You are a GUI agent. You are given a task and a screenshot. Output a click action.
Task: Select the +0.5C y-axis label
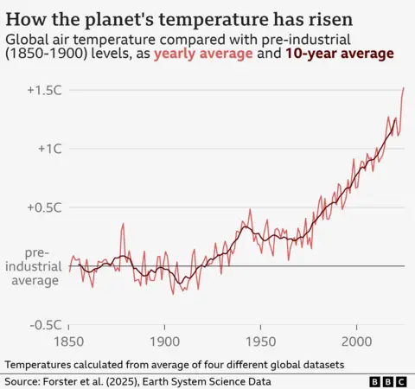click(41, 207)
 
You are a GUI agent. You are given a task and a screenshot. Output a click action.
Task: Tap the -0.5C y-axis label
click(41, 324)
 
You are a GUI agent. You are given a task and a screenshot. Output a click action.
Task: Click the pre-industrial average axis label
click(33, 265)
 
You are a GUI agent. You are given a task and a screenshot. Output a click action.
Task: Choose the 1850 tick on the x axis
click(69, 341)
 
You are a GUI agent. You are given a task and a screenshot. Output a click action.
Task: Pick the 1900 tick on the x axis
click(164, 341)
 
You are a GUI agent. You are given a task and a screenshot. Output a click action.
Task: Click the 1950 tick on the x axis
click(260, 341)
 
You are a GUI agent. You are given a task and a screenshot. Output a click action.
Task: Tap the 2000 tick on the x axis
click(356, 341)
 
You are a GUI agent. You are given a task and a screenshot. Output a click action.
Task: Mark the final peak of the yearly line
click(404, 87)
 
